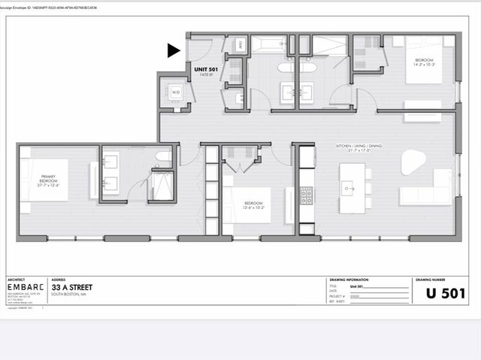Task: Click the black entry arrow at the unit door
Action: (174, 50)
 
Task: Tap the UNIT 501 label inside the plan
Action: (205, 69)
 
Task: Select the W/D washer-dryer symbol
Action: (176, 92)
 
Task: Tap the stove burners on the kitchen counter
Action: (307, 195)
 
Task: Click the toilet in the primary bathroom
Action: (163, 156)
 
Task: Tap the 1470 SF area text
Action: (204, 75)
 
